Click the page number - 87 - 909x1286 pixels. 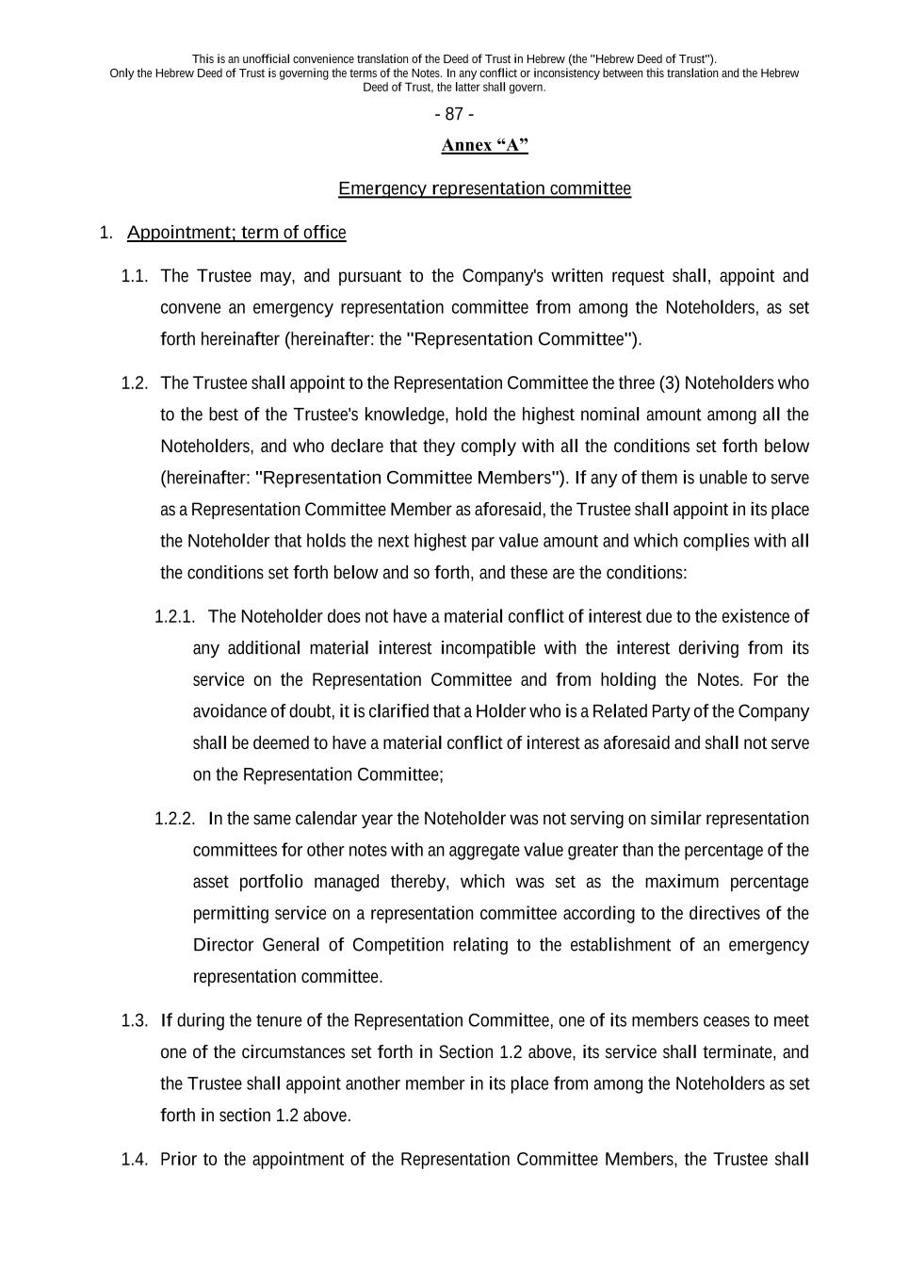(454, 114)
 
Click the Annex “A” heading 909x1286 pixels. (484, 145)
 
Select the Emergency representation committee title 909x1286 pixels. (484, 188)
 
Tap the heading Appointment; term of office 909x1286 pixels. (236, 233)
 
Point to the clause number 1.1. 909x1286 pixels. (135, 276)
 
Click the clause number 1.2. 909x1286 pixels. (135, 383)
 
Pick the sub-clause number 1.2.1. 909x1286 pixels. (174, 617)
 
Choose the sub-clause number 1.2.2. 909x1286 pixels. (174, 819)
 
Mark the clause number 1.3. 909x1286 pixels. (135, 1021)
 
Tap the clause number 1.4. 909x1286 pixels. (135, 1160)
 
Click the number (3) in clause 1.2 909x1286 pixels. (667, 383)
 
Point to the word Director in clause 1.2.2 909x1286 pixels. (222, 945)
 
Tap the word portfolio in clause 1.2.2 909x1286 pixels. (271, 882)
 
